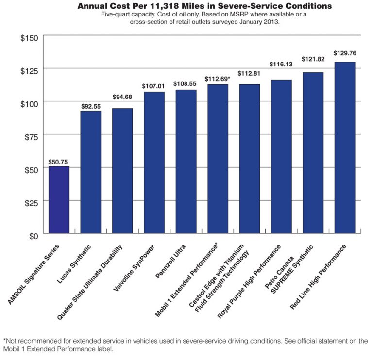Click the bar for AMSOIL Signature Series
(59, 200)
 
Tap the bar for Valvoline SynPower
(154, 163)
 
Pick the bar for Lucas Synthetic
(90, 172)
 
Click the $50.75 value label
(58, 162)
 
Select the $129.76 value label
(344, 54)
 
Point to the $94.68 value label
(122, 97)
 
